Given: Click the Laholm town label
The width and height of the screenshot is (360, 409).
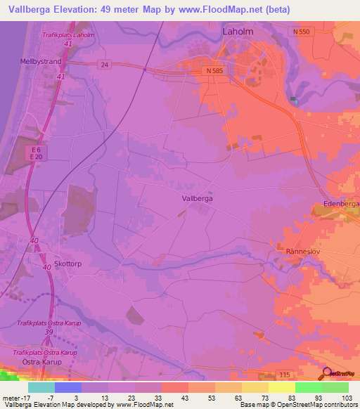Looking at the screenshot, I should (237, 32).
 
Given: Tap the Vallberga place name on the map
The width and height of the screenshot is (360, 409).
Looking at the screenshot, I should (197, 199).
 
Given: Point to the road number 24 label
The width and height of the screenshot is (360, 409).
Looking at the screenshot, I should (105, 64).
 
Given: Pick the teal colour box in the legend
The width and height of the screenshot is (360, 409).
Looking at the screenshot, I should (41, 387).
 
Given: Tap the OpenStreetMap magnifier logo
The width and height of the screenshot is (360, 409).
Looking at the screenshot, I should (328, 372).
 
